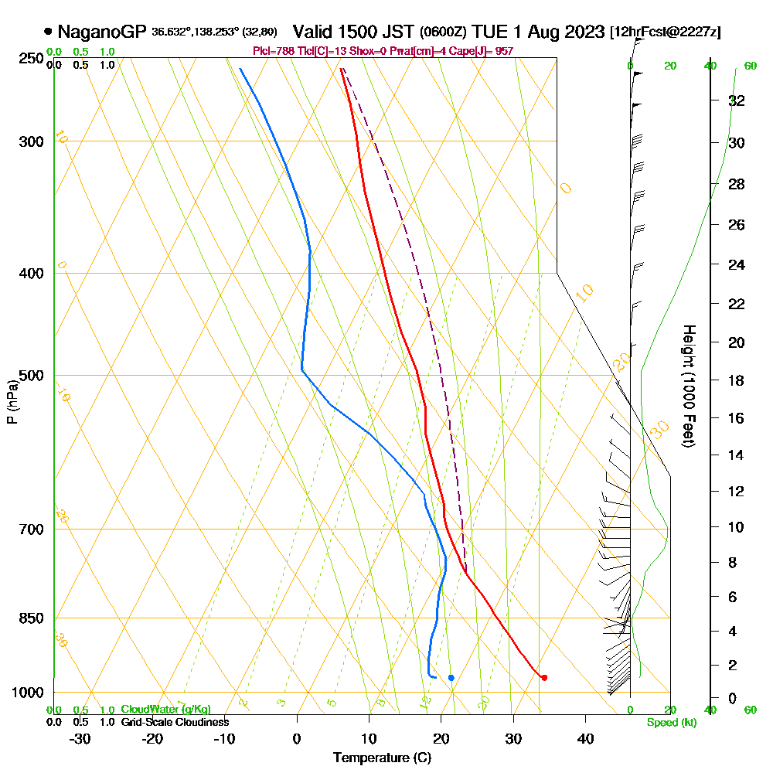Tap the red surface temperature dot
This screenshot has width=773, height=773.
pos(544,678)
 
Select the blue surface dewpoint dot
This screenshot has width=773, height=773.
pos(451,678)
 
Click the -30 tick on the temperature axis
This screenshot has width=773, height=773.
pos(80,738)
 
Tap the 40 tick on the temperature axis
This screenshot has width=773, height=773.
pos(586,738)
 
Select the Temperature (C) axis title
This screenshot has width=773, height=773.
pos(382,758)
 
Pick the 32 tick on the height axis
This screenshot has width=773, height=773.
pos(737,100)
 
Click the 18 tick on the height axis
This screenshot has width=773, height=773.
pos(737,380)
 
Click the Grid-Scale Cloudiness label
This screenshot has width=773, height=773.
pos(174,722)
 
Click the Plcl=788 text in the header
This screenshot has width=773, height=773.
pos(271,51)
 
